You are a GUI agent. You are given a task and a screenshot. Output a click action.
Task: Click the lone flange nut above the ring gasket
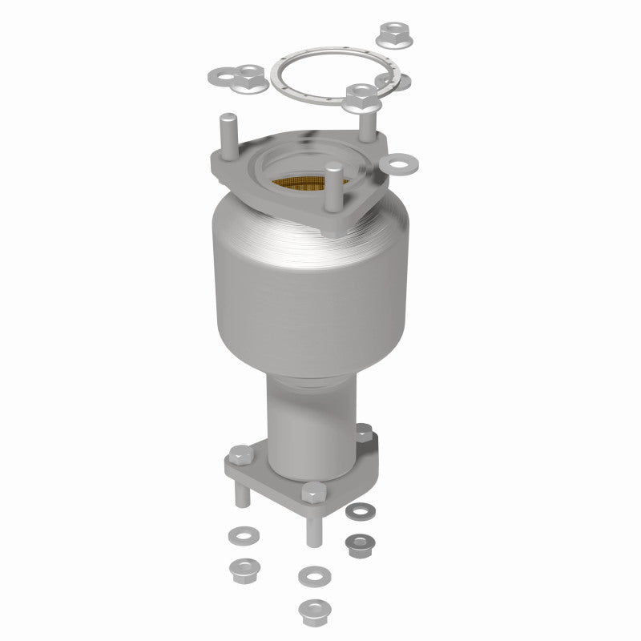393,33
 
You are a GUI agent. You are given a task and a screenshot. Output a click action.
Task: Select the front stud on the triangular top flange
335,189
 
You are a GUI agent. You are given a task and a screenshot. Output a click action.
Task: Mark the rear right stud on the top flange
366,120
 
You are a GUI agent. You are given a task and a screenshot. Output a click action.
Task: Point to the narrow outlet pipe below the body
308,425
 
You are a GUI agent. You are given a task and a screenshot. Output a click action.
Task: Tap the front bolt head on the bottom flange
311,492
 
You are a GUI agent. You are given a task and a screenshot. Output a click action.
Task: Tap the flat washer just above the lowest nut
308,575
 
